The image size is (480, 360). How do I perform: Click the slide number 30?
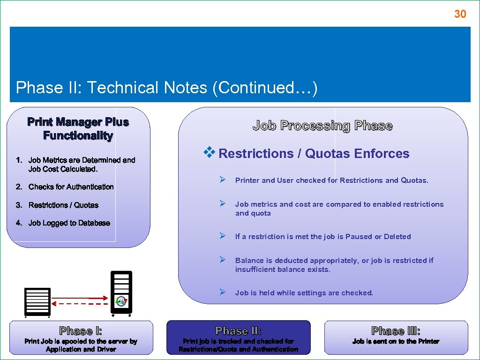click(x=460, y=14)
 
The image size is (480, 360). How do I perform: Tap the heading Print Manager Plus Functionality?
click(x=78, y=129)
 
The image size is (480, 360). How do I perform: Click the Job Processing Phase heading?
click(x=322, y=126)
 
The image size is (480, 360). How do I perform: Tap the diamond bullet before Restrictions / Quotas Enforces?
click(x=209, y=152)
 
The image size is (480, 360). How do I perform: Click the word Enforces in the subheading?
click(x=382, y=154)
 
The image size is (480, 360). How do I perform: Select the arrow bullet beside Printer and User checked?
click(x=224, y=180)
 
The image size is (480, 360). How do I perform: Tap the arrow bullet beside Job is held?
click(x=224, y=292)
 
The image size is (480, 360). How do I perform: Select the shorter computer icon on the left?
click(x=37, y=301)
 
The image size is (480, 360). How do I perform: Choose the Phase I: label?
click(x=81, y=331)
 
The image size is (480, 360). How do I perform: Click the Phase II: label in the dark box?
click(x=238, y=331)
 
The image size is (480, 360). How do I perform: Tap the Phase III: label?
click(x=396, y=331)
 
